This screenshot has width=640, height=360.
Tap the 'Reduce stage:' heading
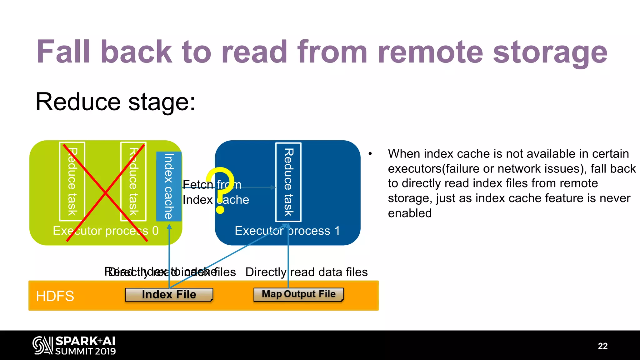coord(115,102)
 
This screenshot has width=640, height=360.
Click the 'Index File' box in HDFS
coord(169,294)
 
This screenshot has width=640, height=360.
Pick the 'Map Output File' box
coord(298,294)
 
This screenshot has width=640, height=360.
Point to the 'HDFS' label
coord(55,296)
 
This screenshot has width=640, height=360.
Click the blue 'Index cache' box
coord(169,186)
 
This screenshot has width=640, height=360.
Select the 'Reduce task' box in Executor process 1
coord(288,182)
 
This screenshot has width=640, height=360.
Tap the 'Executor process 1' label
coord(287,231)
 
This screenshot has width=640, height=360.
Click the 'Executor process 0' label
coord(106,231)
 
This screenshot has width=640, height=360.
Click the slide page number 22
coord(602,346)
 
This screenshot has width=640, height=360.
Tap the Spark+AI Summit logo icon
coord(42,345)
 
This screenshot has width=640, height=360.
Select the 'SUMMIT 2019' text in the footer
coord(85,351)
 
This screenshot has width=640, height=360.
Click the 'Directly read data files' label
coord(306,272)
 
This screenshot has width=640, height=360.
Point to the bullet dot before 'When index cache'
coord(370,154)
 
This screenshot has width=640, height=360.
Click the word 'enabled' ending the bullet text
coord(410,213)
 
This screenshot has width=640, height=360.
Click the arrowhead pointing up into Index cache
coord(169,227)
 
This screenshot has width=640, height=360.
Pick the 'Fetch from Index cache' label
coord(216,192)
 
